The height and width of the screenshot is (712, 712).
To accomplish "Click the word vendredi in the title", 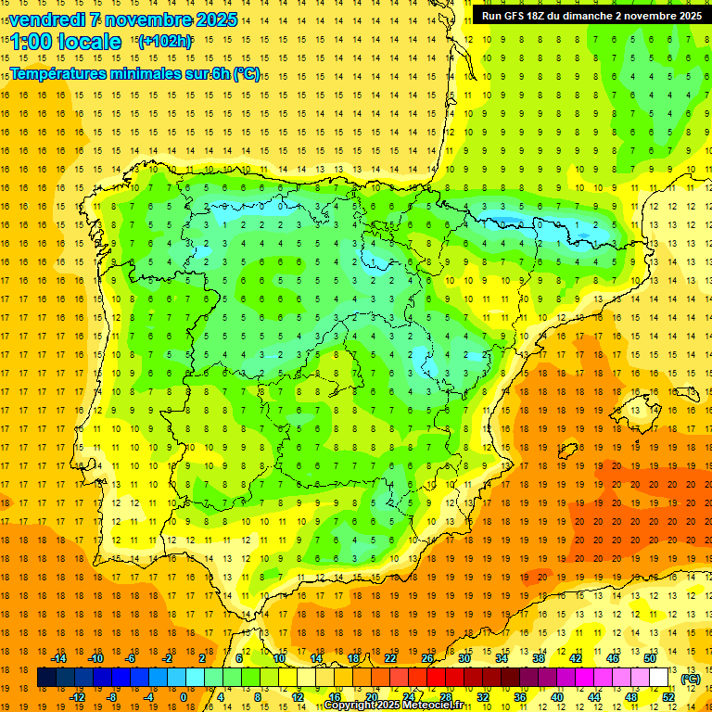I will pyautogui.click(x=46, y=19).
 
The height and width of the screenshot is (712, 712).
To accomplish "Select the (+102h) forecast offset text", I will pyautogui.click(x=165, y=41).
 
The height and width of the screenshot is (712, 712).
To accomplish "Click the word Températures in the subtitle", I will pyautogui.click(x=57, y=74).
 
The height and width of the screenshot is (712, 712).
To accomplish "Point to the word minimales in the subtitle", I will pyautogui.click(x=143, y=74).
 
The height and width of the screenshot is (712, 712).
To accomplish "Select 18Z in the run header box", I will pyautogui.click(x=539, y=16).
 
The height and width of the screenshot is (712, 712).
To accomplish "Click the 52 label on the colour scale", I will pyautogui.click(x=668, y=697).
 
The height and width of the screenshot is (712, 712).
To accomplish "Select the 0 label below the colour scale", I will pyautogui.click(x=184, y=697).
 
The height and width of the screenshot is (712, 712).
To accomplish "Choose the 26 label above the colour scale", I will pyautogui.click(x=427, y=658).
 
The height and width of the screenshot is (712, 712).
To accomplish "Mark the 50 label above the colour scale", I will pyautogui.click(x=649, y=658).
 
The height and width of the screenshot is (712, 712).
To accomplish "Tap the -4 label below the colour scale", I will pyautogui.click(x=147, y=697).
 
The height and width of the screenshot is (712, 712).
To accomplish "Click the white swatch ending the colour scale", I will pyautogui.click(x=659, y=678).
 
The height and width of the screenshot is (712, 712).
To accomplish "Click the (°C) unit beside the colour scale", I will pyautogui.click(x=690, y=678).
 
